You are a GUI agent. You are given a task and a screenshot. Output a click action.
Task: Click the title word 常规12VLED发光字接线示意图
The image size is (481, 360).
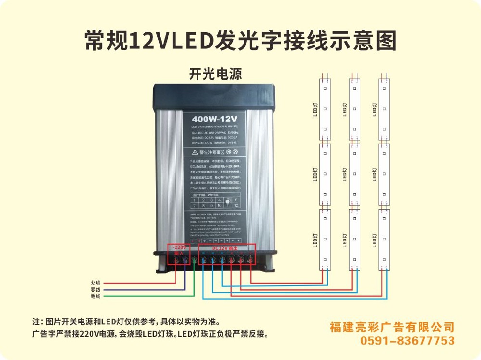tap(240, 41)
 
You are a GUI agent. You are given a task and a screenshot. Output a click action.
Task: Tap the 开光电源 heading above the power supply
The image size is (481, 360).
tap(215, 74)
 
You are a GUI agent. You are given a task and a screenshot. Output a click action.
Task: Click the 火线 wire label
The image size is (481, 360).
tap(95, 283)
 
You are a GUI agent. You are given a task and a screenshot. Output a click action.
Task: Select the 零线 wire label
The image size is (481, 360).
tap(95, 289)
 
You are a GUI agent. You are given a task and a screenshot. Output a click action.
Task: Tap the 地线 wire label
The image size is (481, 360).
tap(95, 296)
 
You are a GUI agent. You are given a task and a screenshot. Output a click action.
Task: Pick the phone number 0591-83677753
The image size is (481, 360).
tap(407, 341)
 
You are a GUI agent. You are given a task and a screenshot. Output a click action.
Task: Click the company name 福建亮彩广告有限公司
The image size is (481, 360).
tap(392, 327)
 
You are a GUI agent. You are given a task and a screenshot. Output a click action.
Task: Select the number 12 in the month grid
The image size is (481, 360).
tap(236, 205)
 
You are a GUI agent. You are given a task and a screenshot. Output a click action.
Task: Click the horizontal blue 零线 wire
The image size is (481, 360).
tap(144, 289)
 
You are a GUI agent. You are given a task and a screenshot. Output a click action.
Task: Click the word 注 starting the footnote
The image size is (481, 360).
tap(35, 321)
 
